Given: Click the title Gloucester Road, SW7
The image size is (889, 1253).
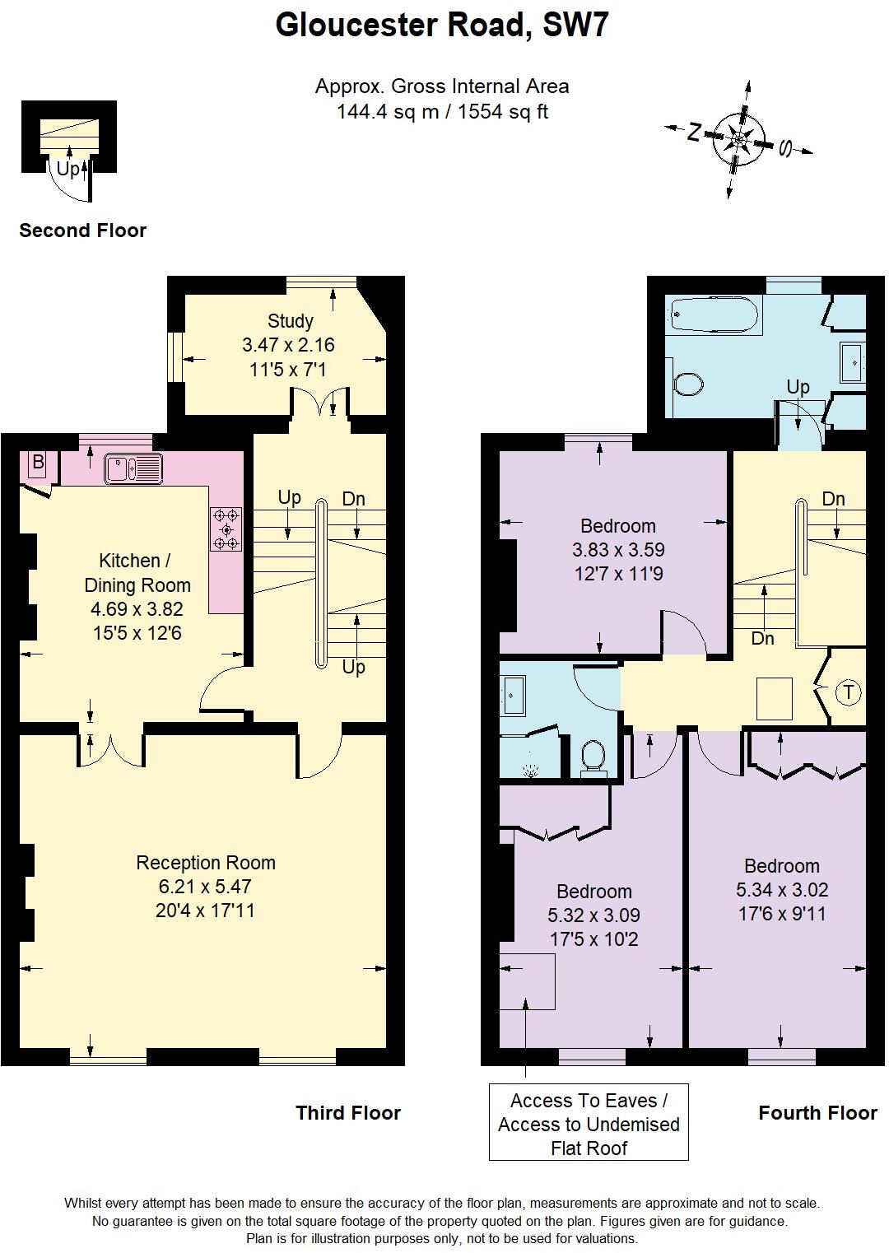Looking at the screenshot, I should [x=442, y=26].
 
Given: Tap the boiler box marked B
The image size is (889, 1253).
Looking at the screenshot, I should [x=38, y=463].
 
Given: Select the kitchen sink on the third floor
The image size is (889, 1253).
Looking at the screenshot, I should [x=133, y=468].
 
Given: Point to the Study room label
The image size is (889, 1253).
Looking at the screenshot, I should [x=290, y=321].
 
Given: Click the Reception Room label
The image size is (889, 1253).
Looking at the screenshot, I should [x=206, y=863].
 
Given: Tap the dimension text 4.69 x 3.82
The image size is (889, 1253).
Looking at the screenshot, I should [x=137, y=609].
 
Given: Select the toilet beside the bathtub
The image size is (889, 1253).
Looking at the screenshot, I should [x=687, y=384].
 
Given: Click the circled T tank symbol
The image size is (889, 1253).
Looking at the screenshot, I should [x=848, y=692].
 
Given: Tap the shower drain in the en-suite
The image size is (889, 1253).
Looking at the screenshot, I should [x=532, y=771].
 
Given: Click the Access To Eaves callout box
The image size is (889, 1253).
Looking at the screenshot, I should [x=589, y=1124].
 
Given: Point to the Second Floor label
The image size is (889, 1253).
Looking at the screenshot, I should [x=82, y=231].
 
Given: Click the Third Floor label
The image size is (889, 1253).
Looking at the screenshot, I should [x=348, y=1113].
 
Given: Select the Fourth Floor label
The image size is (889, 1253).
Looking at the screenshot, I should [x=817, y=1113].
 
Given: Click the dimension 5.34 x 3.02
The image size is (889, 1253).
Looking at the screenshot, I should [x=781, y=890].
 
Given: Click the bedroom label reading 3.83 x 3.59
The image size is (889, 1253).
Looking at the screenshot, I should [x=617, y=549].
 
